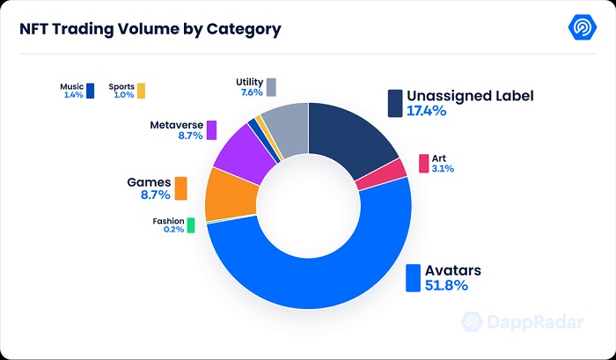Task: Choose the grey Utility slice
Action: pos(286,128)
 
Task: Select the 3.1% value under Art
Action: pos(443,169)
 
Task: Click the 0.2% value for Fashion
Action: pos(172,231)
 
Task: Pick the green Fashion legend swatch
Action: pos(190,226)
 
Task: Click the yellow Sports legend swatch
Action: pos(141,90)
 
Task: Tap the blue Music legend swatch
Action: pos(90,90)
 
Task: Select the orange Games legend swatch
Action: pos(180,188)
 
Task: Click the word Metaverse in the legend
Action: pos(175,124)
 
